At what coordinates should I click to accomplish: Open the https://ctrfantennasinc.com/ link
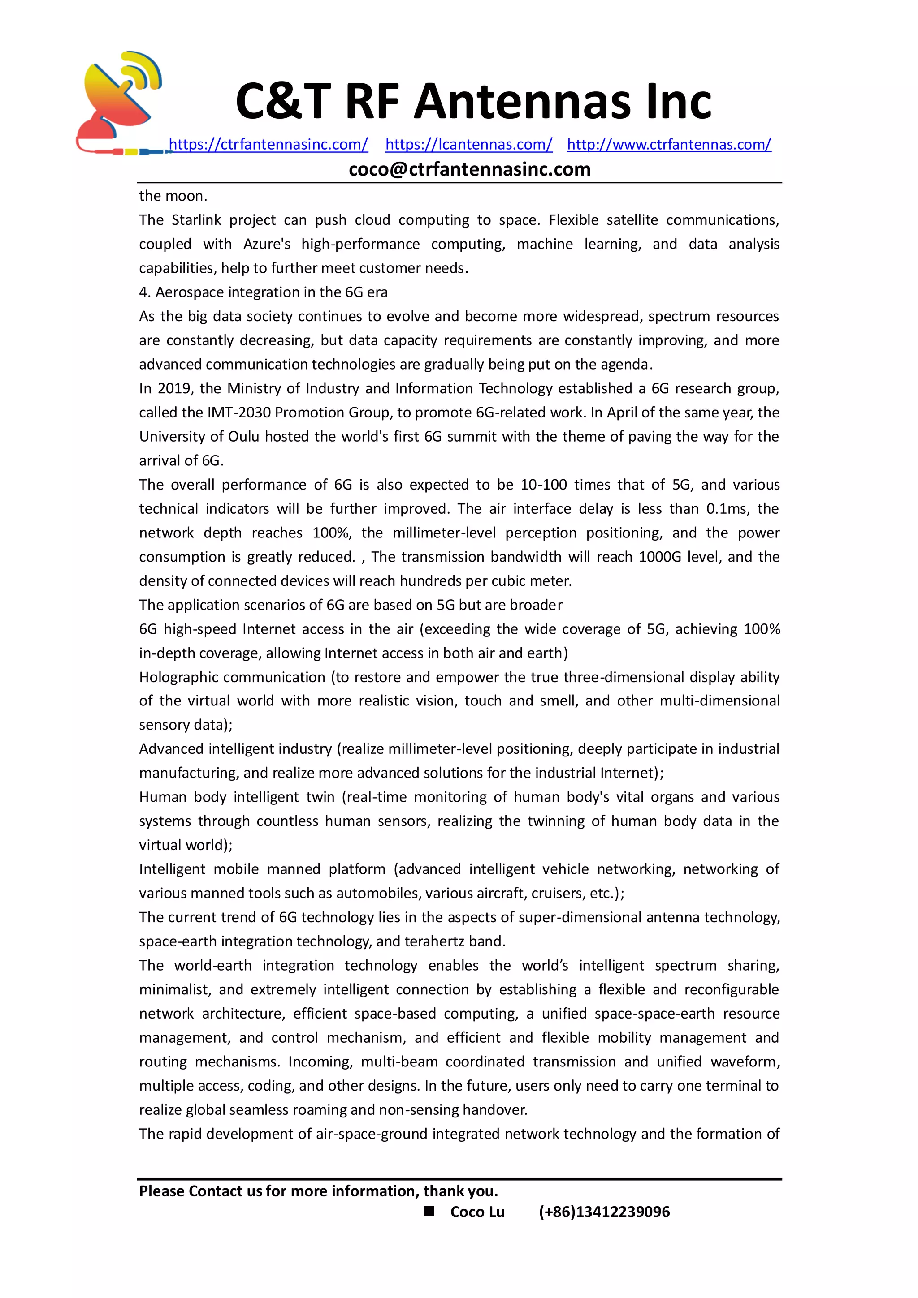(268, 144)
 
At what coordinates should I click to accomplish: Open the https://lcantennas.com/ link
(468, 144)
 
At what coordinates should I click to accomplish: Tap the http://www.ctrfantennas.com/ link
(669, 144)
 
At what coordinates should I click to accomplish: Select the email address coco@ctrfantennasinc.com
(469, 169)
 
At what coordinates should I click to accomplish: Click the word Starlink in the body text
(196, 220)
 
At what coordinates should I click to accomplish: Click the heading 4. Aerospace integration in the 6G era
(263, 292)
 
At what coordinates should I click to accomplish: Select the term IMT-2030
(238, 413)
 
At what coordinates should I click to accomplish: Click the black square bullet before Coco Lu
(429, 1211)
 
